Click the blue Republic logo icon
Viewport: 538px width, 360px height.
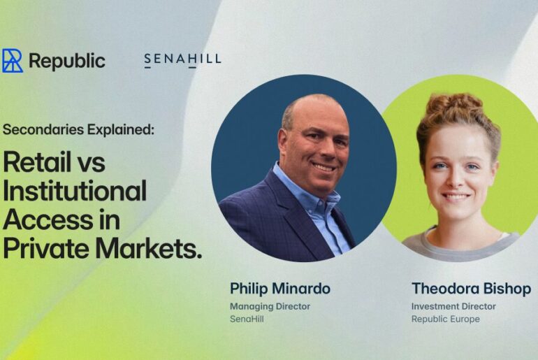pyautogui.click(x=13, y=61)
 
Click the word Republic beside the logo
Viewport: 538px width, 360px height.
pyautogui.click(x=67, y=61)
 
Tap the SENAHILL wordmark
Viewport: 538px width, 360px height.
pyautogui.click(x=182, y=60)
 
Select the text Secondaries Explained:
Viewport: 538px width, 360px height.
pyautogui.click(x=78, y=130)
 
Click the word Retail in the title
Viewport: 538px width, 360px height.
pyautogui.click(x=43, y=162)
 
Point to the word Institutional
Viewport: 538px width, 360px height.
pyautogui.click(x=75, y=190)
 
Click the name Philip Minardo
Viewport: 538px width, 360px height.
pyautogui.click(x=280, y=289)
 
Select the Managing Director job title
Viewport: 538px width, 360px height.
pyautogui.click(x=270, y=306)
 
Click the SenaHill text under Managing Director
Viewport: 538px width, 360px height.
pyautogui.click(x=247, y=319)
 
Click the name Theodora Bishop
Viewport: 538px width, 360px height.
pyautogui.click(x=472, y=289)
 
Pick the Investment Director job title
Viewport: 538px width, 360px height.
pyautogui.click(x=453, y=306)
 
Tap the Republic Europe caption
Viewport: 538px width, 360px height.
pyautogui.click(x=446, y=319)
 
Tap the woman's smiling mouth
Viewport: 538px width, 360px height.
pyautogui.click(x=456, y=197)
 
